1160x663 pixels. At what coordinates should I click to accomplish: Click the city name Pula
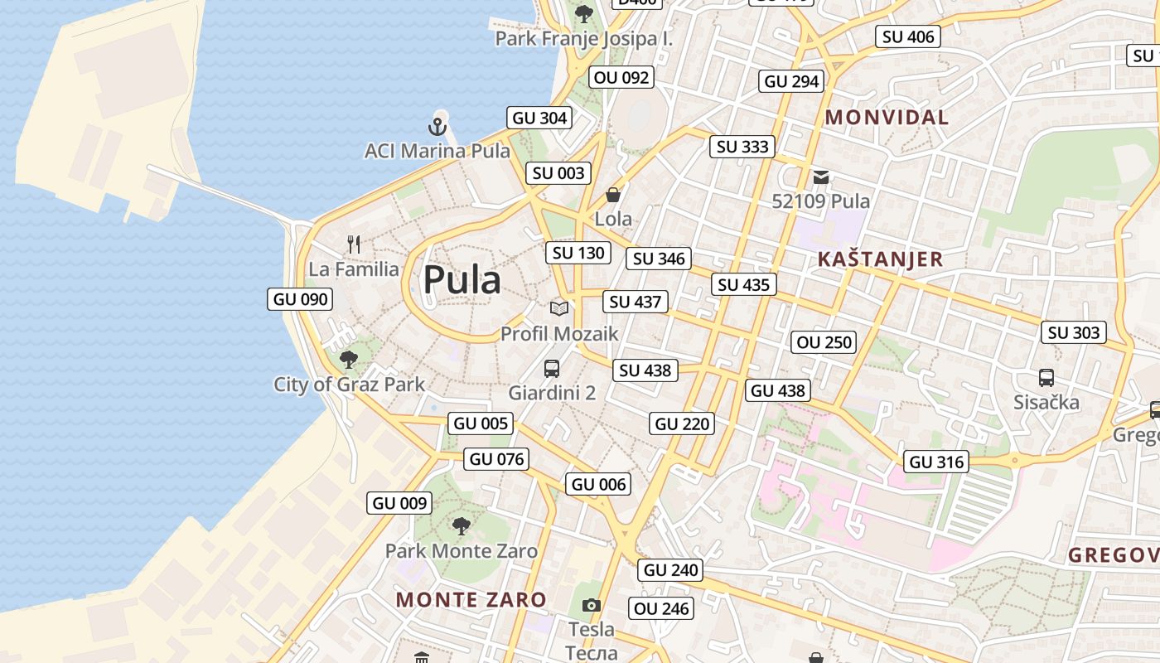coord(462,280)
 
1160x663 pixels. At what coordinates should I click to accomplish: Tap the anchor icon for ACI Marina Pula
coord(437,127)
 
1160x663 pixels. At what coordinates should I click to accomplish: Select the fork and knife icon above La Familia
coord(354,244)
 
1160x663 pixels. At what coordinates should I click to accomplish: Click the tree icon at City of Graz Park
coord(349,360)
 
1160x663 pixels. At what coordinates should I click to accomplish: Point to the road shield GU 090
coord(300,299)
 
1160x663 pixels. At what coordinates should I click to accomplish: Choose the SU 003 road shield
coord(558,173)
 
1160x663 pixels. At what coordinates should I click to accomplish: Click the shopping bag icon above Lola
coord(613,195)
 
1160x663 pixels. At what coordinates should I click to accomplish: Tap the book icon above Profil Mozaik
coord(559,308)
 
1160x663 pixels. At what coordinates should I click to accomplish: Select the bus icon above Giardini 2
coord(552,368)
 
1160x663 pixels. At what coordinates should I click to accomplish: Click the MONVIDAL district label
coord(887,117)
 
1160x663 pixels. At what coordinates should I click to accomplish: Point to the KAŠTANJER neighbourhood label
coord(880,259)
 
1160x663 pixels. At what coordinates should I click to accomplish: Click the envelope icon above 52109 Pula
coord(821,177)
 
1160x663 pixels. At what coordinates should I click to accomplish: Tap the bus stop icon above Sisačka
coord(1046,378)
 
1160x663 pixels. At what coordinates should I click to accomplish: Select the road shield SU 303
coord(1074,332)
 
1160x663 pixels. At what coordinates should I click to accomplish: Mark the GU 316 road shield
coord(937,462)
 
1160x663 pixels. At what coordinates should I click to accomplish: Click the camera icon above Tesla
coord(591,605)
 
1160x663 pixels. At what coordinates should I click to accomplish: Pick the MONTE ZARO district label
coord(471,599)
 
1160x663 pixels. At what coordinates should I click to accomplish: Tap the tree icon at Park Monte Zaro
coord(462,525)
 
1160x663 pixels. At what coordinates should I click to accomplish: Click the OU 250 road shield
coord(824,342)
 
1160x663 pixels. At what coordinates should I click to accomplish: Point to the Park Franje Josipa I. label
coord(584,38)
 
